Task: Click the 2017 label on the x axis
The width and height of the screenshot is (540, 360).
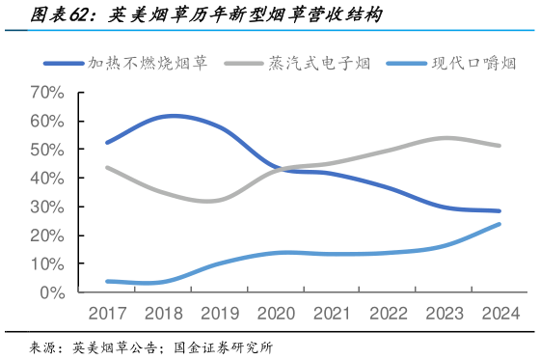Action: point(107,313)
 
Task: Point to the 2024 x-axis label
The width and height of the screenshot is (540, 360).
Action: point(499,313)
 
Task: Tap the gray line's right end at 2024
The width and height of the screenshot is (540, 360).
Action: point(499,146)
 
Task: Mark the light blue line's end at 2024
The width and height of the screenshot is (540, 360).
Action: point(499,224)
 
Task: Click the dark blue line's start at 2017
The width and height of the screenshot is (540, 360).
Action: point(107,142)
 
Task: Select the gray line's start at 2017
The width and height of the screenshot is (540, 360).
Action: point(107,168)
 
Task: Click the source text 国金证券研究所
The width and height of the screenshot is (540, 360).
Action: point(224,346)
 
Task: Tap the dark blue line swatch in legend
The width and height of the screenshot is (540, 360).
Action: point(64,65)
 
